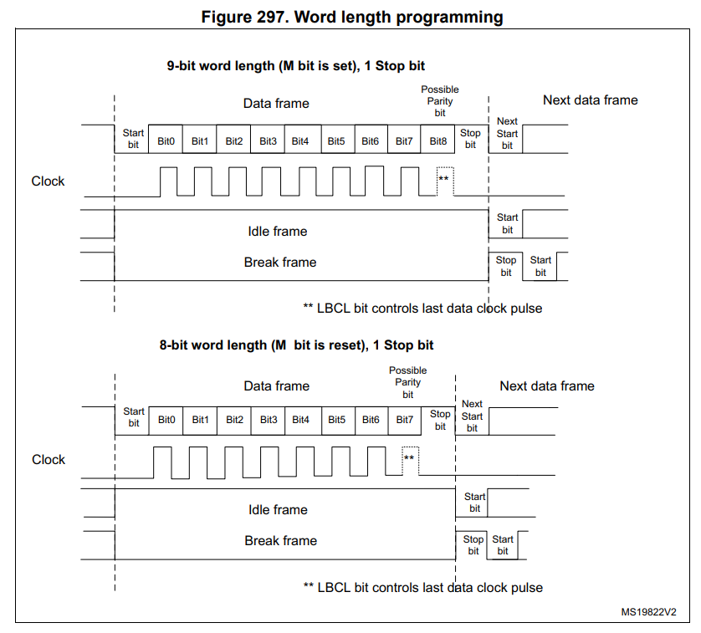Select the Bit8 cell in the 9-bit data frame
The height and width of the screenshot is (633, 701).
(437, 140)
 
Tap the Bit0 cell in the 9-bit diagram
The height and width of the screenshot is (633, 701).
(166, 140)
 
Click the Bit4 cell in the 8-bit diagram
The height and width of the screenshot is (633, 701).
(300, 419)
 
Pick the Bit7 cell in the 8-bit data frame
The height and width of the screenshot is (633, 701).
(404, 419)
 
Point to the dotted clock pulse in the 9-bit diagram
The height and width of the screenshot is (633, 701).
(444, 181)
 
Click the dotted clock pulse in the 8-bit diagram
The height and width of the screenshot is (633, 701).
(410, 459)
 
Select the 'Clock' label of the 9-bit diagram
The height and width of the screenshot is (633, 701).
(48, 181)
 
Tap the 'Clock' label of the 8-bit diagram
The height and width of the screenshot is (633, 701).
(49, 460)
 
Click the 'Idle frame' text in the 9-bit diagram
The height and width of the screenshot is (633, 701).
(278, 232)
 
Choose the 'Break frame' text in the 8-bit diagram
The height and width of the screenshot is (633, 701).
(280, 541)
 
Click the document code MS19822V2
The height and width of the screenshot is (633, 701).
(648, 612)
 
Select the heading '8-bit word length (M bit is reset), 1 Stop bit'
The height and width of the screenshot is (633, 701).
(296, 345)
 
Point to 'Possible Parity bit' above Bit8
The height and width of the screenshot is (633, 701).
(439, 100)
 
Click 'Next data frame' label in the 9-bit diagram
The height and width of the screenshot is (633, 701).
(590, 100)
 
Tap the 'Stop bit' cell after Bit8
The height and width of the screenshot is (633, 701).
(470, 139)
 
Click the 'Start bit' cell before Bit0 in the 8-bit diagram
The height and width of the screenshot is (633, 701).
(134, 417)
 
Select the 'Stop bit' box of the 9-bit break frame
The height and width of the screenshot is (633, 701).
(506, 266)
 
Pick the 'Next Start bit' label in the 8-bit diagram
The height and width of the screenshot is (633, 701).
(472, 416)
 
